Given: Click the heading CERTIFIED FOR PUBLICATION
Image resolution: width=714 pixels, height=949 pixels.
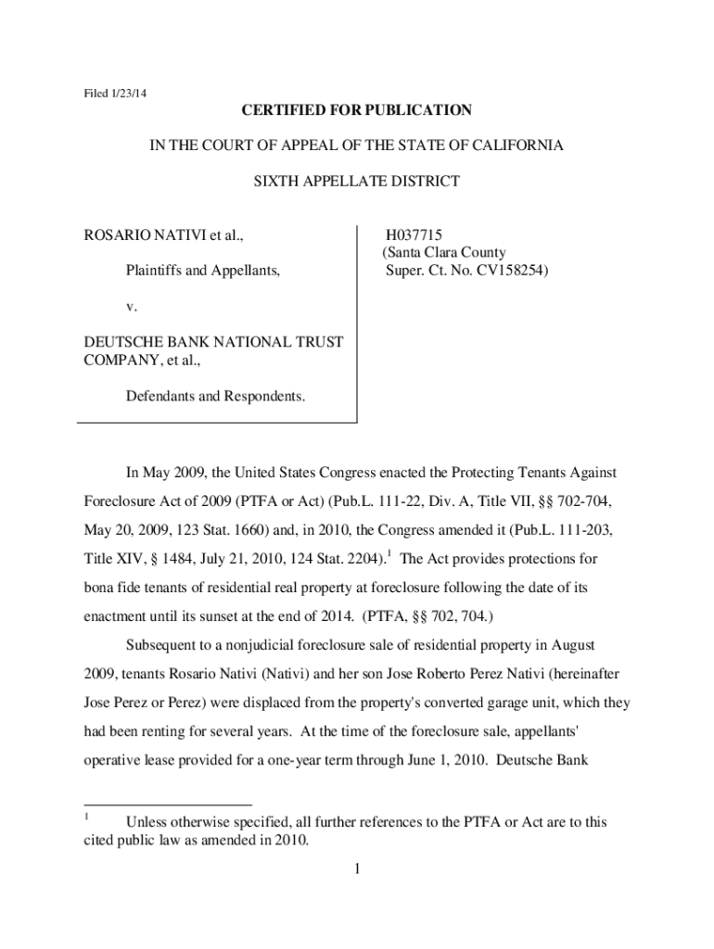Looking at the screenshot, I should [x=357, y=111].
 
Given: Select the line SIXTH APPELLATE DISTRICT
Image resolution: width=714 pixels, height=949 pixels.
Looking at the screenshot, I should [x=357, y=182].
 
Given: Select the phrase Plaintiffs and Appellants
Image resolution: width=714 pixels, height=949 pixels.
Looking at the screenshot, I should [x=203, y=272].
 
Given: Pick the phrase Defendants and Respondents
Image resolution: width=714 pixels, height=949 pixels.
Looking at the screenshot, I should [x=215, y=396].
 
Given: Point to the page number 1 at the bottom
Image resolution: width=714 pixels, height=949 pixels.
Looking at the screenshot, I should [x=355, y=868].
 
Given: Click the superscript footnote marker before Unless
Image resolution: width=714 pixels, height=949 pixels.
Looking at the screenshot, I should [x=86, y=816].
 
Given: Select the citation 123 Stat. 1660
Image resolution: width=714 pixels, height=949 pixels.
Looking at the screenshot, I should [x=199, y=531].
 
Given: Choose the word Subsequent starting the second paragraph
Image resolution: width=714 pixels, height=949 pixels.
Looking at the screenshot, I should [x=165, y=645].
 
